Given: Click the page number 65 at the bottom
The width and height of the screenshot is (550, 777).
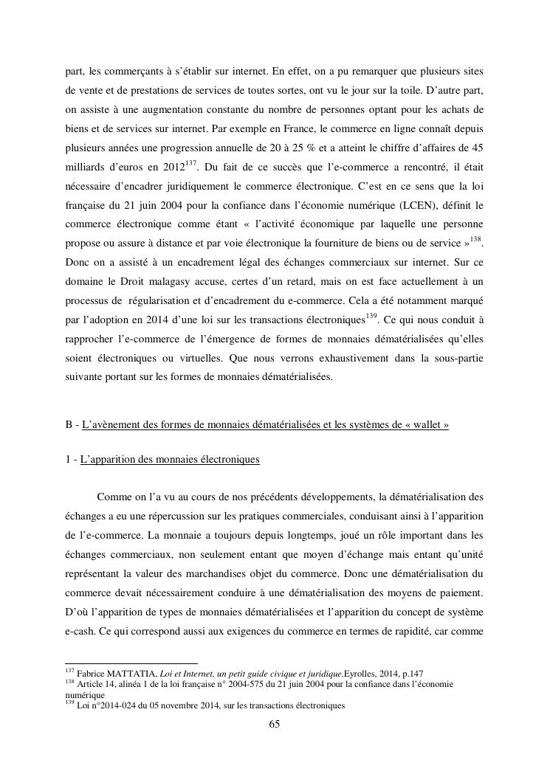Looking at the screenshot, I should [x=274, y=725].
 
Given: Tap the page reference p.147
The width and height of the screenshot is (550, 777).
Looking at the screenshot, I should [x=409, y=672].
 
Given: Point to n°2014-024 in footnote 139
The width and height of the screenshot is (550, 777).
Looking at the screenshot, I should [x=109, y=705].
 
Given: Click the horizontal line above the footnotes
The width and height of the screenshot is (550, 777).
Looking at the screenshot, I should [x=131, y=663].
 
